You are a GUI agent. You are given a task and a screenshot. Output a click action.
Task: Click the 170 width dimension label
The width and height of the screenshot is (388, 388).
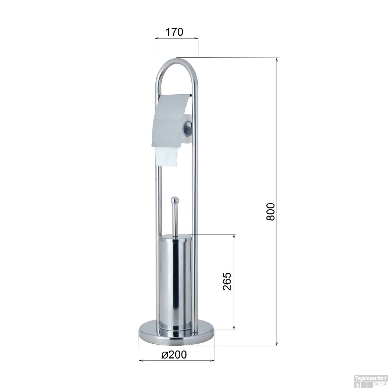coord(174,32)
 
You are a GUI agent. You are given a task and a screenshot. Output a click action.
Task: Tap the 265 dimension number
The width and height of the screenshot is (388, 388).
coord(227,281)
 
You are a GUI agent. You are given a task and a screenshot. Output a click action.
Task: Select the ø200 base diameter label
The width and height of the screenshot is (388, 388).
coord(174,355)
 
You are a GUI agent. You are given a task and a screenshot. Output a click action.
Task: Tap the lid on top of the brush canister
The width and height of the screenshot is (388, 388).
coord(175,236)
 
